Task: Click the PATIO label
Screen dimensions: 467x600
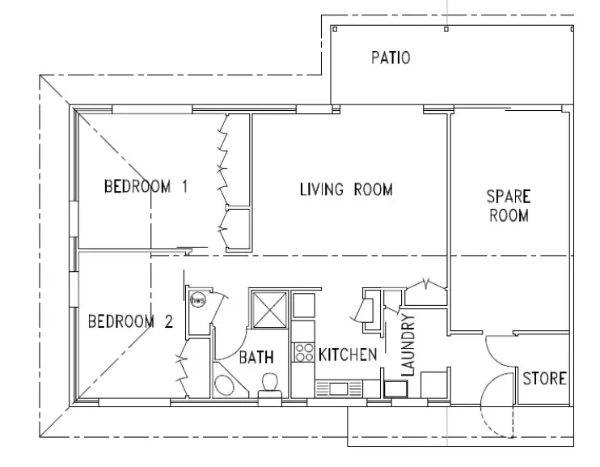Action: [391, 57]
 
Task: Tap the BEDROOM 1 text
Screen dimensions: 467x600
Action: [146, 187]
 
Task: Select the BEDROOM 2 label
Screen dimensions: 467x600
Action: [129, 321]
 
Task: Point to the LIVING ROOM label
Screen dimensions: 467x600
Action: [346, 190]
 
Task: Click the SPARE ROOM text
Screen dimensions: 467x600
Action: [508, 206]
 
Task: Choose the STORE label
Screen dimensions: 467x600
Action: [544, 379]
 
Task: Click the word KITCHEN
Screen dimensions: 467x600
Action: [347, 354]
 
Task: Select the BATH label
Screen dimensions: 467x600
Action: [256, 357]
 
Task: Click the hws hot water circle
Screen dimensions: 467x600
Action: [196, 299]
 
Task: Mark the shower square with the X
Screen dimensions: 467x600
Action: [268, 308]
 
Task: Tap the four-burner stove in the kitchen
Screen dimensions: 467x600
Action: [304, 353]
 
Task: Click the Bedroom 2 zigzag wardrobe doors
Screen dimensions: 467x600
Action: [182, 369]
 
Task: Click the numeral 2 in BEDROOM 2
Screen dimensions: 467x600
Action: [168, 321]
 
